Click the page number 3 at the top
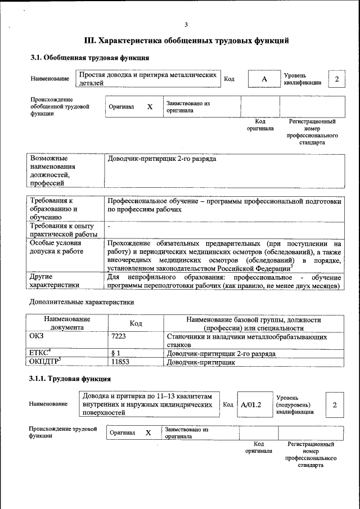pyautogui.click(x=186, y=24)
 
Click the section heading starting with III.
pyautogui.click(x=186, y=40)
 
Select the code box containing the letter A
pyautogui.click(x=264, y=79)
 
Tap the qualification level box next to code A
pyautogui.click(x=336, y=79)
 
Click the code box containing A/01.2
pyautogui.click(x=251, y=404)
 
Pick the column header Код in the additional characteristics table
pyautogui.click(x=136, y=323)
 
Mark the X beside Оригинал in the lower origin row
pyautogui.click(x=148, y=433)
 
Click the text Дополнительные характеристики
pyautogui.click(x=82, y=302)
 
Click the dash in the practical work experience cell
pyautogui.click(x=109, y=226)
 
